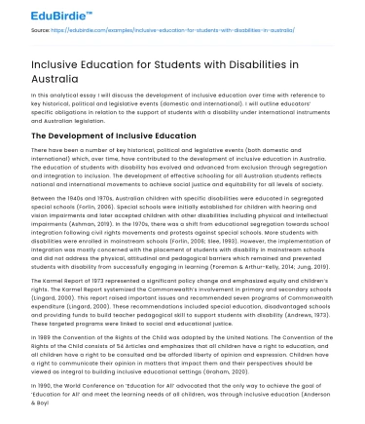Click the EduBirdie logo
(x=38, y=11)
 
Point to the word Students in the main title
(x=185, y=63)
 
